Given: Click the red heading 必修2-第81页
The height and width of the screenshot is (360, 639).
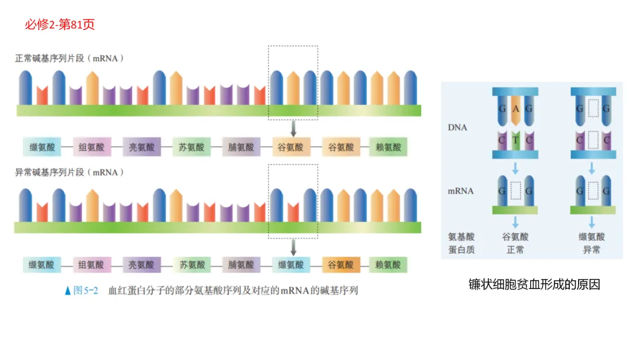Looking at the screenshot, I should [x=60, y=24].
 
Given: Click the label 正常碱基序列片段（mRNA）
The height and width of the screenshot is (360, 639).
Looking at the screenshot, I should [x=70, y=59].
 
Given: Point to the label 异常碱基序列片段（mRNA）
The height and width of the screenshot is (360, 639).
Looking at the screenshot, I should [x=70, y=172].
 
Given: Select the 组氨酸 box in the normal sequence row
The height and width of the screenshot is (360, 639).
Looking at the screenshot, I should [x=92, y=147].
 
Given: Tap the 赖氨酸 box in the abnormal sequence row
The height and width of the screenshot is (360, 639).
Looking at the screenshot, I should [x=388, y=265].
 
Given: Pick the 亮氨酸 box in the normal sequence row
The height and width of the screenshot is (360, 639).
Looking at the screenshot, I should [x=141, y=147].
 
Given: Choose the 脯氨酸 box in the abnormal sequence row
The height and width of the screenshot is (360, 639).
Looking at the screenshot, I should [x=241, y=265].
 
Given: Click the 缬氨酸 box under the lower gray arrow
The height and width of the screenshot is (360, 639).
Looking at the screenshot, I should [x=291, y=265].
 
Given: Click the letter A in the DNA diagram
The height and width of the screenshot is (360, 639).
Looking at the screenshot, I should [x=515, y=109].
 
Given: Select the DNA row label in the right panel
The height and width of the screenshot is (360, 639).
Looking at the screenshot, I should [x=457, y=127].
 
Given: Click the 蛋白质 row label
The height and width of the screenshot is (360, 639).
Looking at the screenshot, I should [x=461, y=250].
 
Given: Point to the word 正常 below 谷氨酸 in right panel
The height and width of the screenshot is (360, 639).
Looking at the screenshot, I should [x=515, y=250].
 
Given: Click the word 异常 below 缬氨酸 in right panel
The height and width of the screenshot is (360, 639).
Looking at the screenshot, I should [x=592, y=250].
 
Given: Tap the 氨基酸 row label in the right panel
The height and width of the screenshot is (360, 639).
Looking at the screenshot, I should [x=461, y=237].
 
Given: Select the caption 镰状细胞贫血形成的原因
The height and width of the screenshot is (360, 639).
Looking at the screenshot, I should [x=534, y=285].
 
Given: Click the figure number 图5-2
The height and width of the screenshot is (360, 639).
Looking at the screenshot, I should [x=85, y=291].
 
